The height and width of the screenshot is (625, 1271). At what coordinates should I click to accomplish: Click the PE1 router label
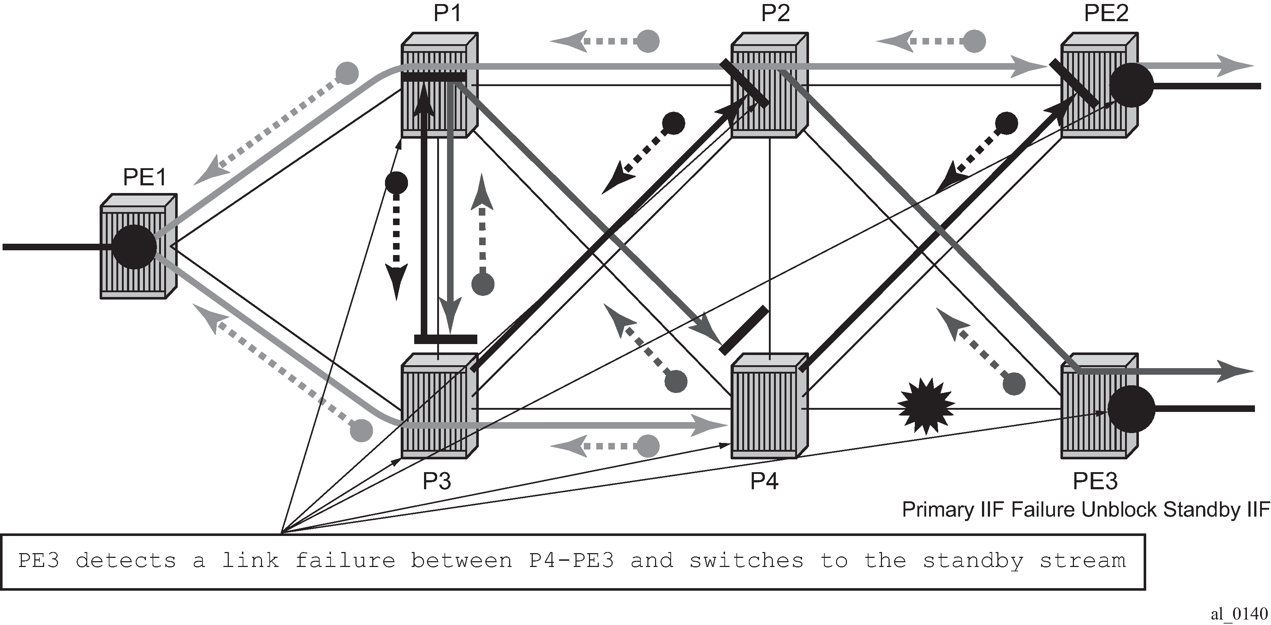(x=145, y=177)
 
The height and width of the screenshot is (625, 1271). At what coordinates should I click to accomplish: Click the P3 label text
(x=437, y=481)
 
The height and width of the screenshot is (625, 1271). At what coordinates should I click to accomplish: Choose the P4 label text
(x=764, y=481)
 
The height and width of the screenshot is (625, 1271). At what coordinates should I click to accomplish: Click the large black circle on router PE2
(x=1131, y=85)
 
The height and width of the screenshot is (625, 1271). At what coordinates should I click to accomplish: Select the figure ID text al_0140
(x=1239, y=613)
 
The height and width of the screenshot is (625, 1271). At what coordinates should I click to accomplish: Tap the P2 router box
(x=769, y=85)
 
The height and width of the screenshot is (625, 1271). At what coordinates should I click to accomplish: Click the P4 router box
(x=769, y=405)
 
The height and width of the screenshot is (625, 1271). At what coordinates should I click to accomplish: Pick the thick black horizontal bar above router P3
(x=446, y=339)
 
